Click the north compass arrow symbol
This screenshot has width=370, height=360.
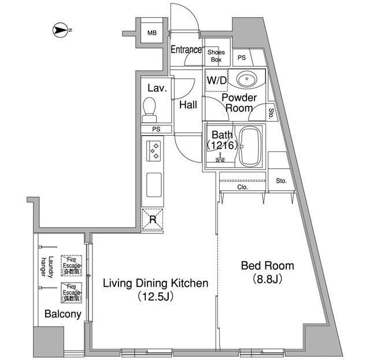tap(61, 29)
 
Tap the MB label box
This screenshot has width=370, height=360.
tap(151, 33)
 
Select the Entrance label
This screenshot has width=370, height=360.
tap(186, 50)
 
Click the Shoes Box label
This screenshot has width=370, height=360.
tap(216, 56)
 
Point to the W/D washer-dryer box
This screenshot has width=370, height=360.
tap(217, 81)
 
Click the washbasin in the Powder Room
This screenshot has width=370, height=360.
tap(248, 79)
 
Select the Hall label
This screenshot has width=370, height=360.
tap(188, 105)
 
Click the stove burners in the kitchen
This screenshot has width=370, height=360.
tap(154, 150)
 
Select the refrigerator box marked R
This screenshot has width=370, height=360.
tap(153, 219)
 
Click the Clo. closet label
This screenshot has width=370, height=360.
tap(242, 188)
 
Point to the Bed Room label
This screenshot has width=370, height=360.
tap(267, 266)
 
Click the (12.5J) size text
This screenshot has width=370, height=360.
tap(155, 297)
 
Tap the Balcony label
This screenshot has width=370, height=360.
tap(62, 315)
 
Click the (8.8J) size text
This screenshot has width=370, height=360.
tap(268, 280)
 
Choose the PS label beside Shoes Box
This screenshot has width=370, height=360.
tap(241, 57)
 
